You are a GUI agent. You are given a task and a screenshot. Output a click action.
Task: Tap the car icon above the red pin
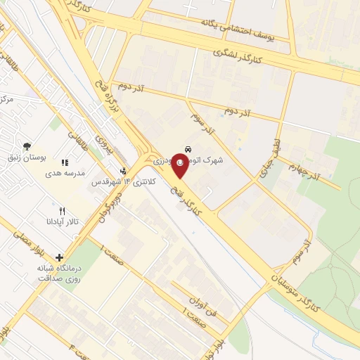(188, 149)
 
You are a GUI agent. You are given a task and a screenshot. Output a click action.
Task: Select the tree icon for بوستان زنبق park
(27, 146)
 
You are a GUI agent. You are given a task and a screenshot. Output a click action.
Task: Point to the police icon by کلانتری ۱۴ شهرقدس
(124, 171)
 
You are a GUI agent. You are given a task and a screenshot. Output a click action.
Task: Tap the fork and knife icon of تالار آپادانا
(62, 210)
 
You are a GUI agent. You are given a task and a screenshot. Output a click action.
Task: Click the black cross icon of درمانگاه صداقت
(59, 257)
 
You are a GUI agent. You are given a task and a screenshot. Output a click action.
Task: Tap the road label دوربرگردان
(116, 208)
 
